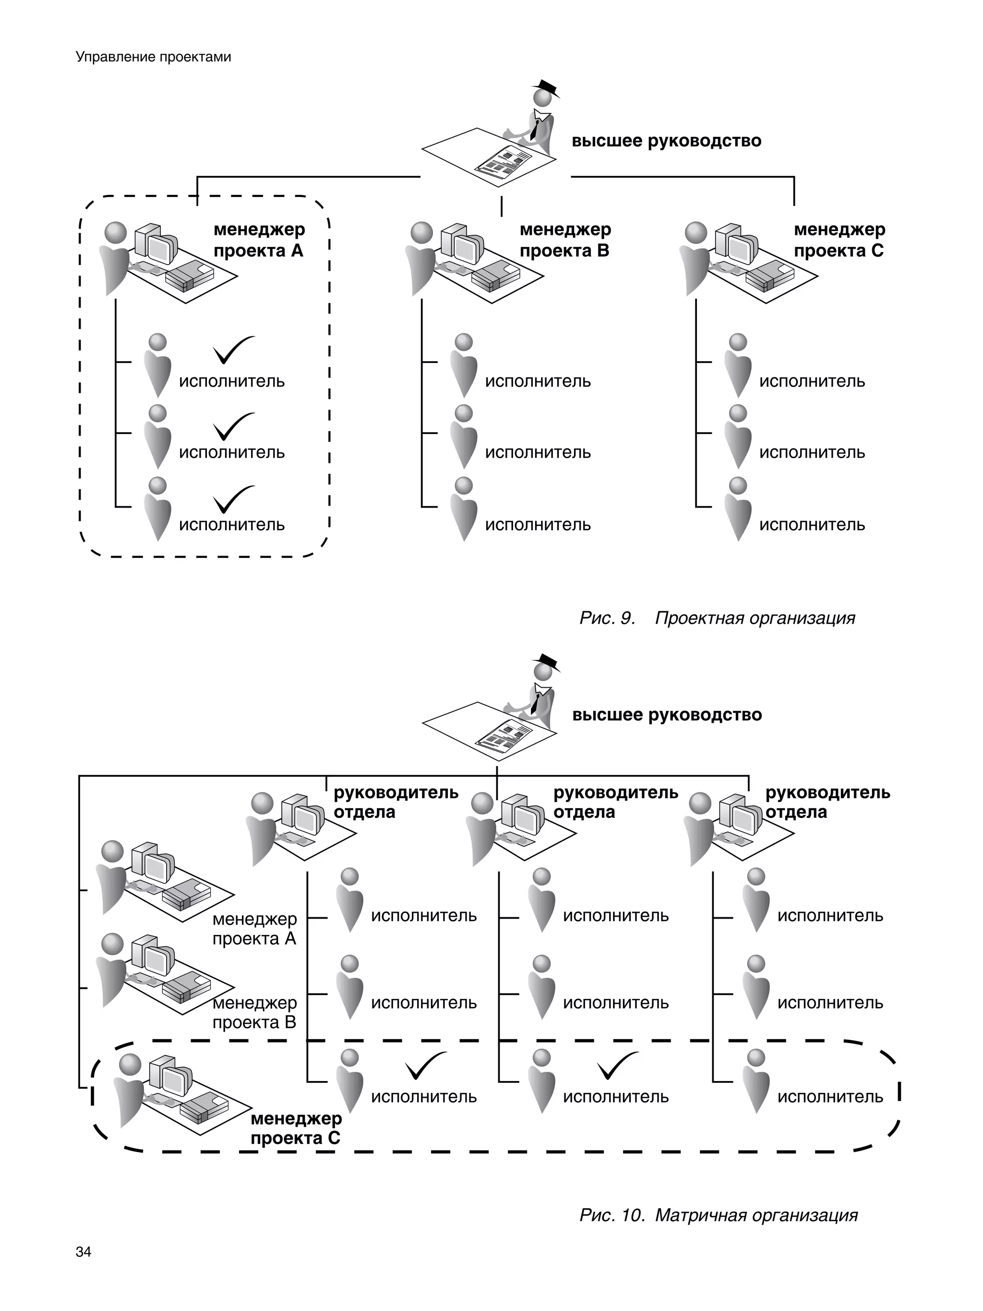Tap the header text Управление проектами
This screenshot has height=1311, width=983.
154,57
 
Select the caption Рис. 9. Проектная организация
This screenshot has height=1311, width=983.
717,618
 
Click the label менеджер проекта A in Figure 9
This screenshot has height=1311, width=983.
259,240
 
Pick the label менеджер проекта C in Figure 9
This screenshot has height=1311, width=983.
839,240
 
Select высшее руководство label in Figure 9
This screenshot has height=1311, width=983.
666,141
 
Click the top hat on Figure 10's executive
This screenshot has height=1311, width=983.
546,661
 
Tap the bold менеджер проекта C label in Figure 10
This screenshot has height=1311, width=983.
296,1129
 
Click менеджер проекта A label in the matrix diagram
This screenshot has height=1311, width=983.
254,929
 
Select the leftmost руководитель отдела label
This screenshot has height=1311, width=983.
396,802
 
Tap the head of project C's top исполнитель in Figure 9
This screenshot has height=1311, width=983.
738,342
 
